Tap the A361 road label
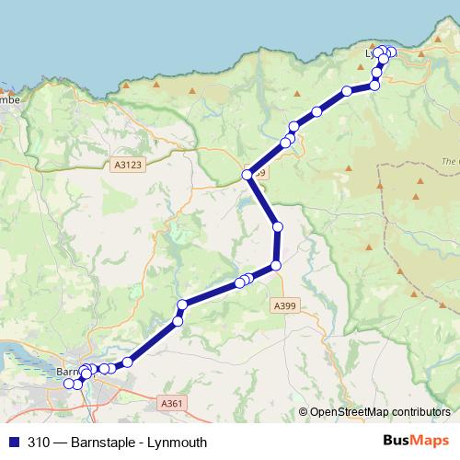(171, 403)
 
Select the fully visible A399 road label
(284, 305)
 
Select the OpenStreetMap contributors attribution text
(380, 411)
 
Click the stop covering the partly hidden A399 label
(247, 175)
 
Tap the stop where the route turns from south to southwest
(275, 266)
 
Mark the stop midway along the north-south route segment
(277, 226)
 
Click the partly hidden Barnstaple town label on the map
(66, 373)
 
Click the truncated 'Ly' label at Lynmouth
(372, 54)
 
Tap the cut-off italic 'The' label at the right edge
(451, 162)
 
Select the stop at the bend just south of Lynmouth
(374, 86)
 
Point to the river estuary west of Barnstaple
(23, 354)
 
